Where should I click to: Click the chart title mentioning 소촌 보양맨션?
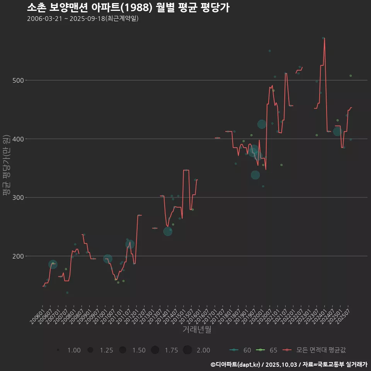[128, 7]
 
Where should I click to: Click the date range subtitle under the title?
[83, 19]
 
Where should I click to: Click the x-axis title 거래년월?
[197, 330]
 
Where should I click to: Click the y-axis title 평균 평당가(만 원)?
[6, 165]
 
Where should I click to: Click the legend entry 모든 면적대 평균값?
[315, 350]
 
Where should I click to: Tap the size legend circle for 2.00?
[187, 350]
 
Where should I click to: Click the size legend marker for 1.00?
[58, 350]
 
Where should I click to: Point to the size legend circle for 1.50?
[123, 350]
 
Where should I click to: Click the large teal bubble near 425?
[262, 124]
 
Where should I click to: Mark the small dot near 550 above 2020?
[270, 51]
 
